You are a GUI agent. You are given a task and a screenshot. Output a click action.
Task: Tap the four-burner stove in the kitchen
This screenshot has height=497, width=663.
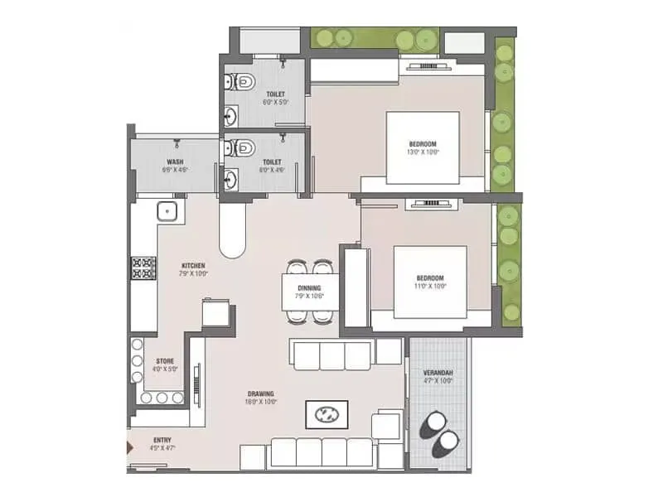point(142,268)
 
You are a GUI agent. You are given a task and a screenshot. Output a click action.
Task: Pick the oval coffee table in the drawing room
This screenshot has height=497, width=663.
point(327,413)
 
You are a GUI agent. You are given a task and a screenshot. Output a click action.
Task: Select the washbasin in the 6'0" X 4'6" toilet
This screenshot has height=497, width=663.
point(231,177)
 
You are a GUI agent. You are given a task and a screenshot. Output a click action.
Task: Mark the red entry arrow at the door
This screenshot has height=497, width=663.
point(128,448)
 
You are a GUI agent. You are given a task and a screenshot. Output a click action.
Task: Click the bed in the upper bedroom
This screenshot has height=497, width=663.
point(423,147)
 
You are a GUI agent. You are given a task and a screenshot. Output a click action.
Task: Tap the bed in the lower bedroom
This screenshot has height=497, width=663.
point(430,282)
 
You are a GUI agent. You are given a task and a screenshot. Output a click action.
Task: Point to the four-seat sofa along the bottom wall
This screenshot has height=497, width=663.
point(322,452)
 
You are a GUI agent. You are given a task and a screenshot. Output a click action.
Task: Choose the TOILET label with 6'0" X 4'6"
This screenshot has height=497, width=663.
point(273,166)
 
